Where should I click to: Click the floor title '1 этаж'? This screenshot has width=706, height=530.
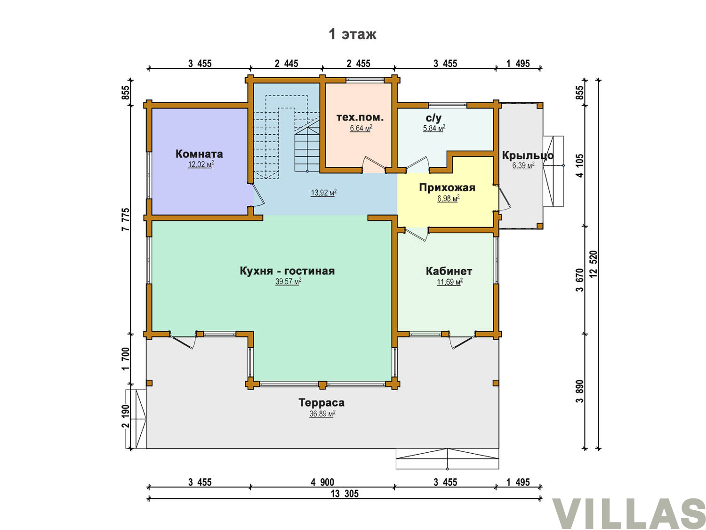(x=352, y=34)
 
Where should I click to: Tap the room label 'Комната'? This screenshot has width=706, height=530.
(x=199, y=154)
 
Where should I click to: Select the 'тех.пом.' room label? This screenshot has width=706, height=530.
(x=360, y=117)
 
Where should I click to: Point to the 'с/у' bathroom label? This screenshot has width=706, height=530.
(x=433, y=118)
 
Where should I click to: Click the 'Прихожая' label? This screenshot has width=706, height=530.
(x=447, y=188)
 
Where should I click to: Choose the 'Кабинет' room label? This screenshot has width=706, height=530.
(x=449, y=271)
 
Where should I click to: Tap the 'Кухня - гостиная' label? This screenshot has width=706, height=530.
(x=287, y=270)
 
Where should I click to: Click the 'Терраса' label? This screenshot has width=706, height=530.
(x=321, y=402)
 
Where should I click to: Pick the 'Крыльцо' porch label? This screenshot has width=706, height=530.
(x=528, y=155)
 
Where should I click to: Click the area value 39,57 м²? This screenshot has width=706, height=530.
(x=288, y=282)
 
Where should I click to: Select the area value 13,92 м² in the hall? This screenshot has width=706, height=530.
(x=323, y=193)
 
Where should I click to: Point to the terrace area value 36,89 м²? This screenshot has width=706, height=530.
(x=322, y=414)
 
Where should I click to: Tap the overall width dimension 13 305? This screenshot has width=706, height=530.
(x=345, y=494)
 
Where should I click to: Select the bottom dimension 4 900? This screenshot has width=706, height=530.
(x=322, y=482)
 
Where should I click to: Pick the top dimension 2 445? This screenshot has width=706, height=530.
(x=286, y=64)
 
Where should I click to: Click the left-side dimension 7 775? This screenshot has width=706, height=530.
(x=126, y=220)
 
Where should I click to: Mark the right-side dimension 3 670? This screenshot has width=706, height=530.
(x=579, y=280)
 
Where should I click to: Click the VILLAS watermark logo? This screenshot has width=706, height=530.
(x=628, y=513)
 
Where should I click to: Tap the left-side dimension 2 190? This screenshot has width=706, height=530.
(x=126, y=416)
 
